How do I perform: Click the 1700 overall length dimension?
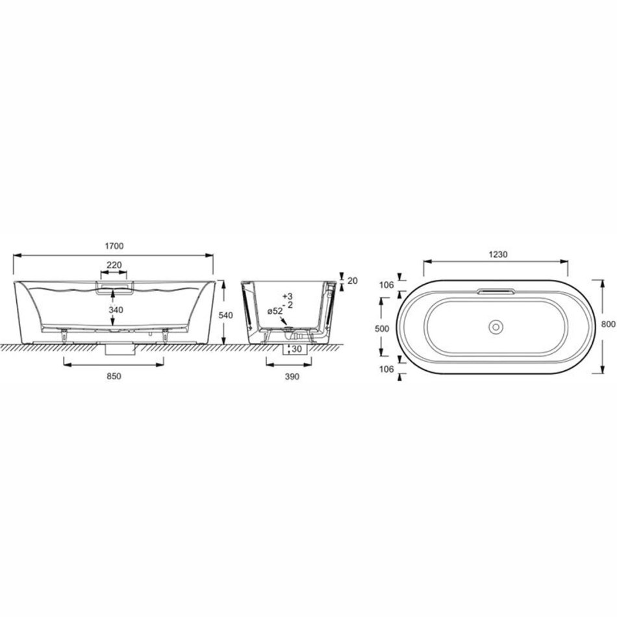(114, 246)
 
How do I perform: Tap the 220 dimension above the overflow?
(114, 265)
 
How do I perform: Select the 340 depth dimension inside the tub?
(116, 310)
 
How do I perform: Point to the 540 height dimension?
(225, 315)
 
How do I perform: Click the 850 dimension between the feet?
(114, 376)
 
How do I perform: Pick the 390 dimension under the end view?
(292, 377)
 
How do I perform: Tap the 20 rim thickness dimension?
(353, 281)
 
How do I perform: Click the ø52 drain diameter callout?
(275, 311)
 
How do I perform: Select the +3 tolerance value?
(288, 296)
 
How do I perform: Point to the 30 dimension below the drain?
(296, 349)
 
